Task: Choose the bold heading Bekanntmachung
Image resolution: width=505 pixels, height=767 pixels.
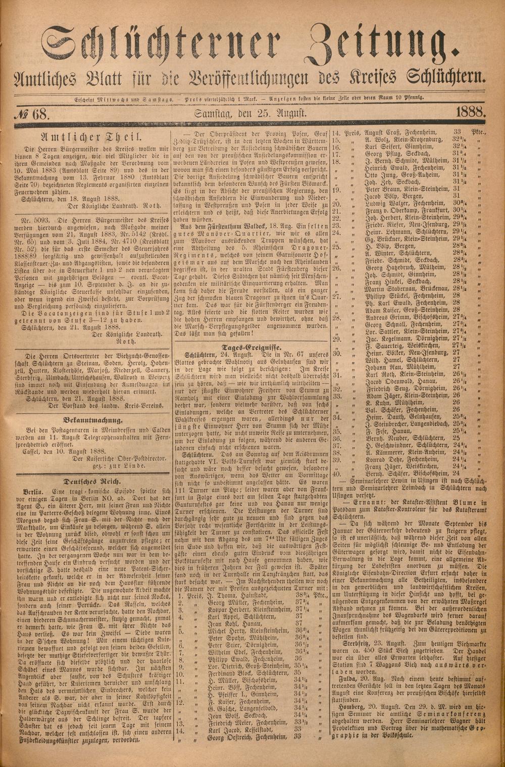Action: pyautogui.click(x=93, y=420)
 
